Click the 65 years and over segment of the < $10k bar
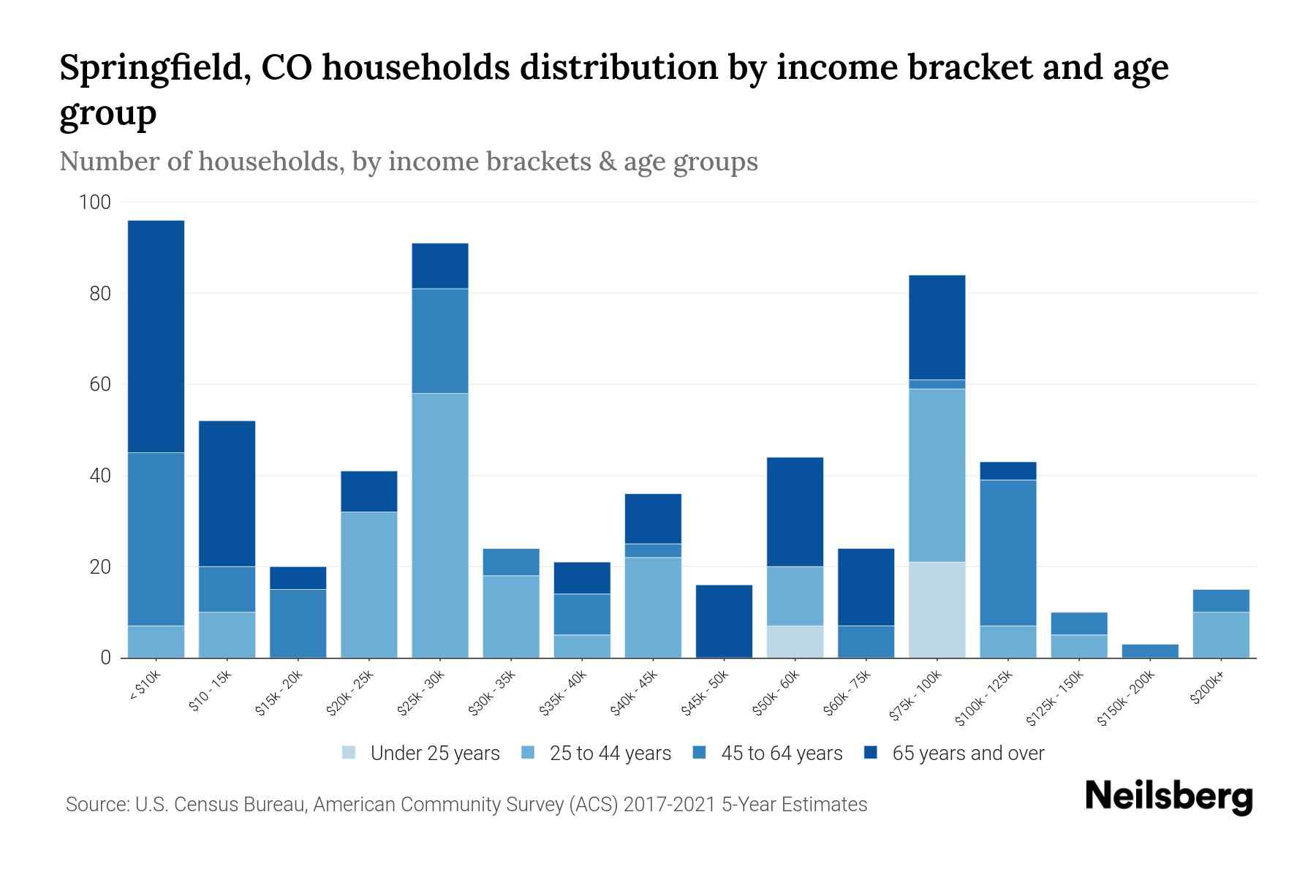point(156,336)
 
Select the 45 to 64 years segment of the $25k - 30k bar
point(440,341)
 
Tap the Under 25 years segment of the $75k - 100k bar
point(937,610)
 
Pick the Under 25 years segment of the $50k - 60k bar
point(795,642)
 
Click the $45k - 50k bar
point(724,621)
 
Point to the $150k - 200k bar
point(1150,650)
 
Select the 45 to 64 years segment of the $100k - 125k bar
point(1008,553)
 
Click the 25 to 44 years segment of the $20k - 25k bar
point(369,585)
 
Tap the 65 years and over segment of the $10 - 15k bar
point(227,493)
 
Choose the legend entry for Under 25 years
point(420,753)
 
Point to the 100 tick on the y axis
point(95,202)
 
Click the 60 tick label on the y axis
point(99,384)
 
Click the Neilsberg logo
point(1168,797)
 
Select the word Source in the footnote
point(96,805)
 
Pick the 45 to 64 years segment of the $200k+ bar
point(1221,600)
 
